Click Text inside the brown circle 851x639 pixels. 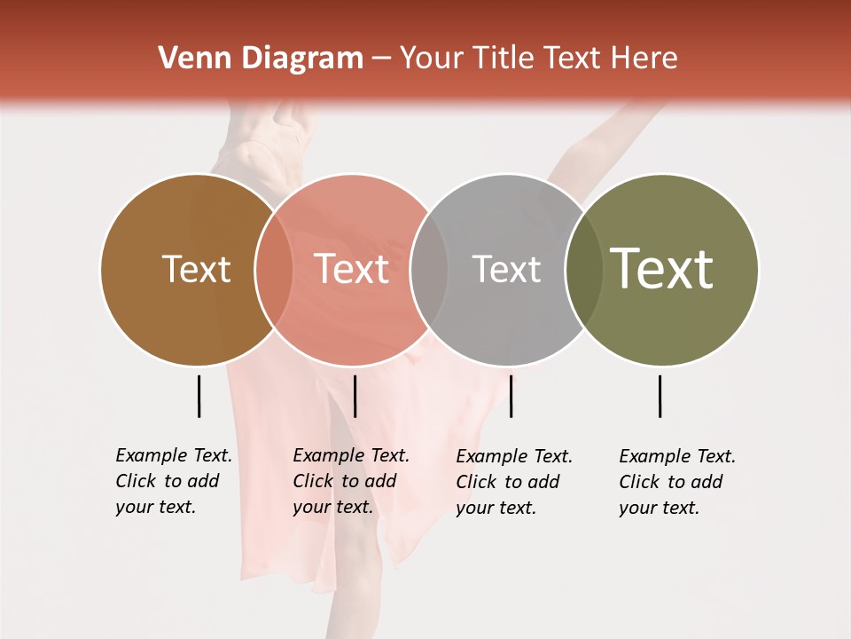[196, 269]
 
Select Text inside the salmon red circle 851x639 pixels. [352, 269]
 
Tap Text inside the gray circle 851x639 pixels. [506, 269]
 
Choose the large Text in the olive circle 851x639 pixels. [662, 269]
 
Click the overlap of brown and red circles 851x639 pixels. [273, 270]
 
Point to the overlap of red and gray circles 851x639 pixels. [429, 270]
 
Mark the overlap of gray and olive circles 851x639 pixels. [584, 270]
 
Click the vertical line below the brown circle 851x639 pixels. [199, 396]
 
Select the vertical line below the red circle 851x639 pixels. [355, 396]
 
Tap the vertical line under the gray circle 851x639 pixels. [511, 396]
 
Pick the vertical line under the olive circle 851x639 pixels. [660, 396]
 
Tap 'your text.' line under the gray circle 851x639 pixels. [496, 509]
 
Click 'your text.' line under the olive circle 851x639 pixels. [659, 509]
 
